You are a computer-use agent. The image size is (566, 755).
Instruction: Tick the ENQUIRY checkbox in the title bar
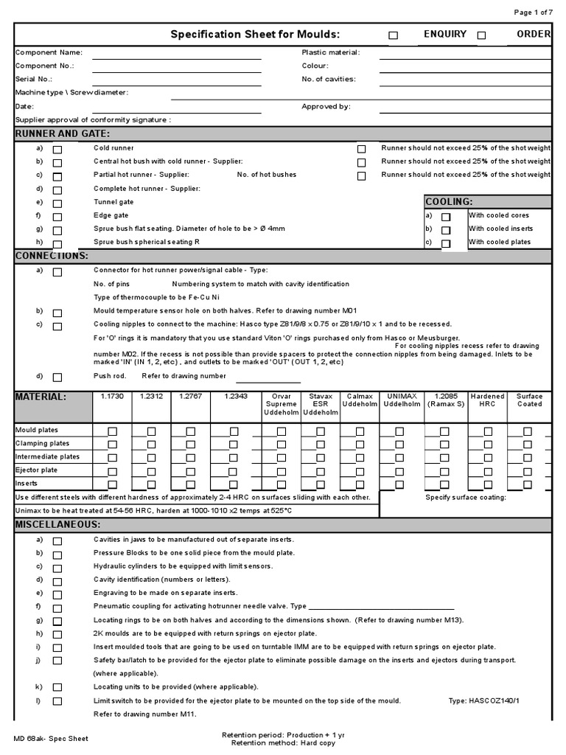(393, 35)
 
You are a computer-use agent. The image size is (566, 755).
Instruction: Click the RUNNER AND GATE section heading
(63, 133)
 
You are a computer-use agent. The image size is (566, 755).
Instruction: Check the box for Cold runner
(57, 150)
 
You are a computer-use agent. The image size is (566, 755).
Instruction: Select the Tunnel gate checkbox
(57, 204)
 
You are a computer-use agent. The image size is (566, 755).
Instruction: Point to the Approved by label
(326, 106)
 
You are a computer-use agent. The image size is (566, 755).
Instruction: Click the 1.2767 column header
(191, 397)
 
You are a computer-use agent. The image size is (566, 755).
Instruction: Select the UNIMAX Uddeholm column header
(402, 400)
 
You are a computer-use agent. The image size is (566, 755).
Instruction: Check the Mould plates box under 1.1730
(112, 431)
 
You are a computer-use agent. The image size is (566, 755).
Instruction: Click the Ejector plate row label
(37, 470)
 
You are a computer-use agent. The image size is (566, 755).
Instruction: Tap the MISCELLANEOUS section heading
(57, 524)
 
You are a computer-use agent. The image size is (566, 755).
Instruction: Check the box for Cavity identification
(57, 581)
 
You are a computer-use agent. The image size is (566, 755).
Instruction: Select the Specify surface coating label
(466, 497)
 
